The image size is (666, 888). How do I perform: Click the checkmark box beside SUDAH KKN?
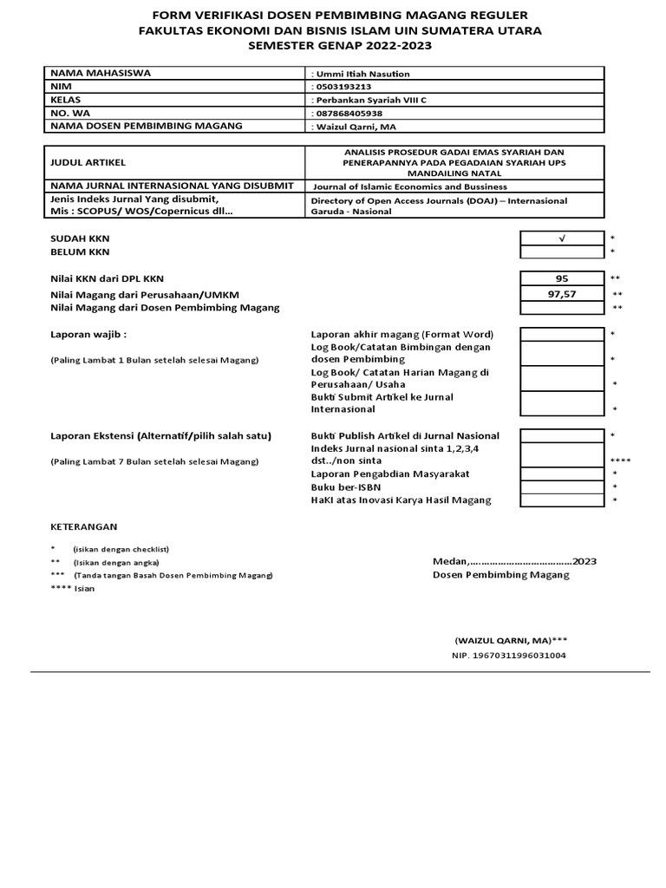(561, 238)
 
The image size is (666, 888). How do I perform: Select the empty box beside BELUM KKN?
(561, 251)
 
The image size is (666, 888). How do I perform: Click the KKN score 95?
(561, 278)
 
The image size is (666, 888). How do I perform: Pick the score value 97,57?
(561, 294)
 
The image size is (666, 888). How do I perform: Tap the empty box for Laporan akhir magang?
(561, 334)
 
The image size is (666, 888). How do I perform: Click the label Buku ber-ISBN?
(345, 486)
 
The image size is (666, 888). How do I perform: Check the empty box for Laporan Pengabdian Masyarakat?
(561, 473)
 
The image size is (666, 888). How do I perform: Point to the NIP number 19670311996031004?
(509, 656)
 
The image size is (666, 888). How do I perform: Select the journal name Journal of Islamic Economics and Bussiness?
(410, 186)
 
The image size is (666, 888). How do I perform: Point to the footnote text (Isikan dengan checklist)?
(121, 549)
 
